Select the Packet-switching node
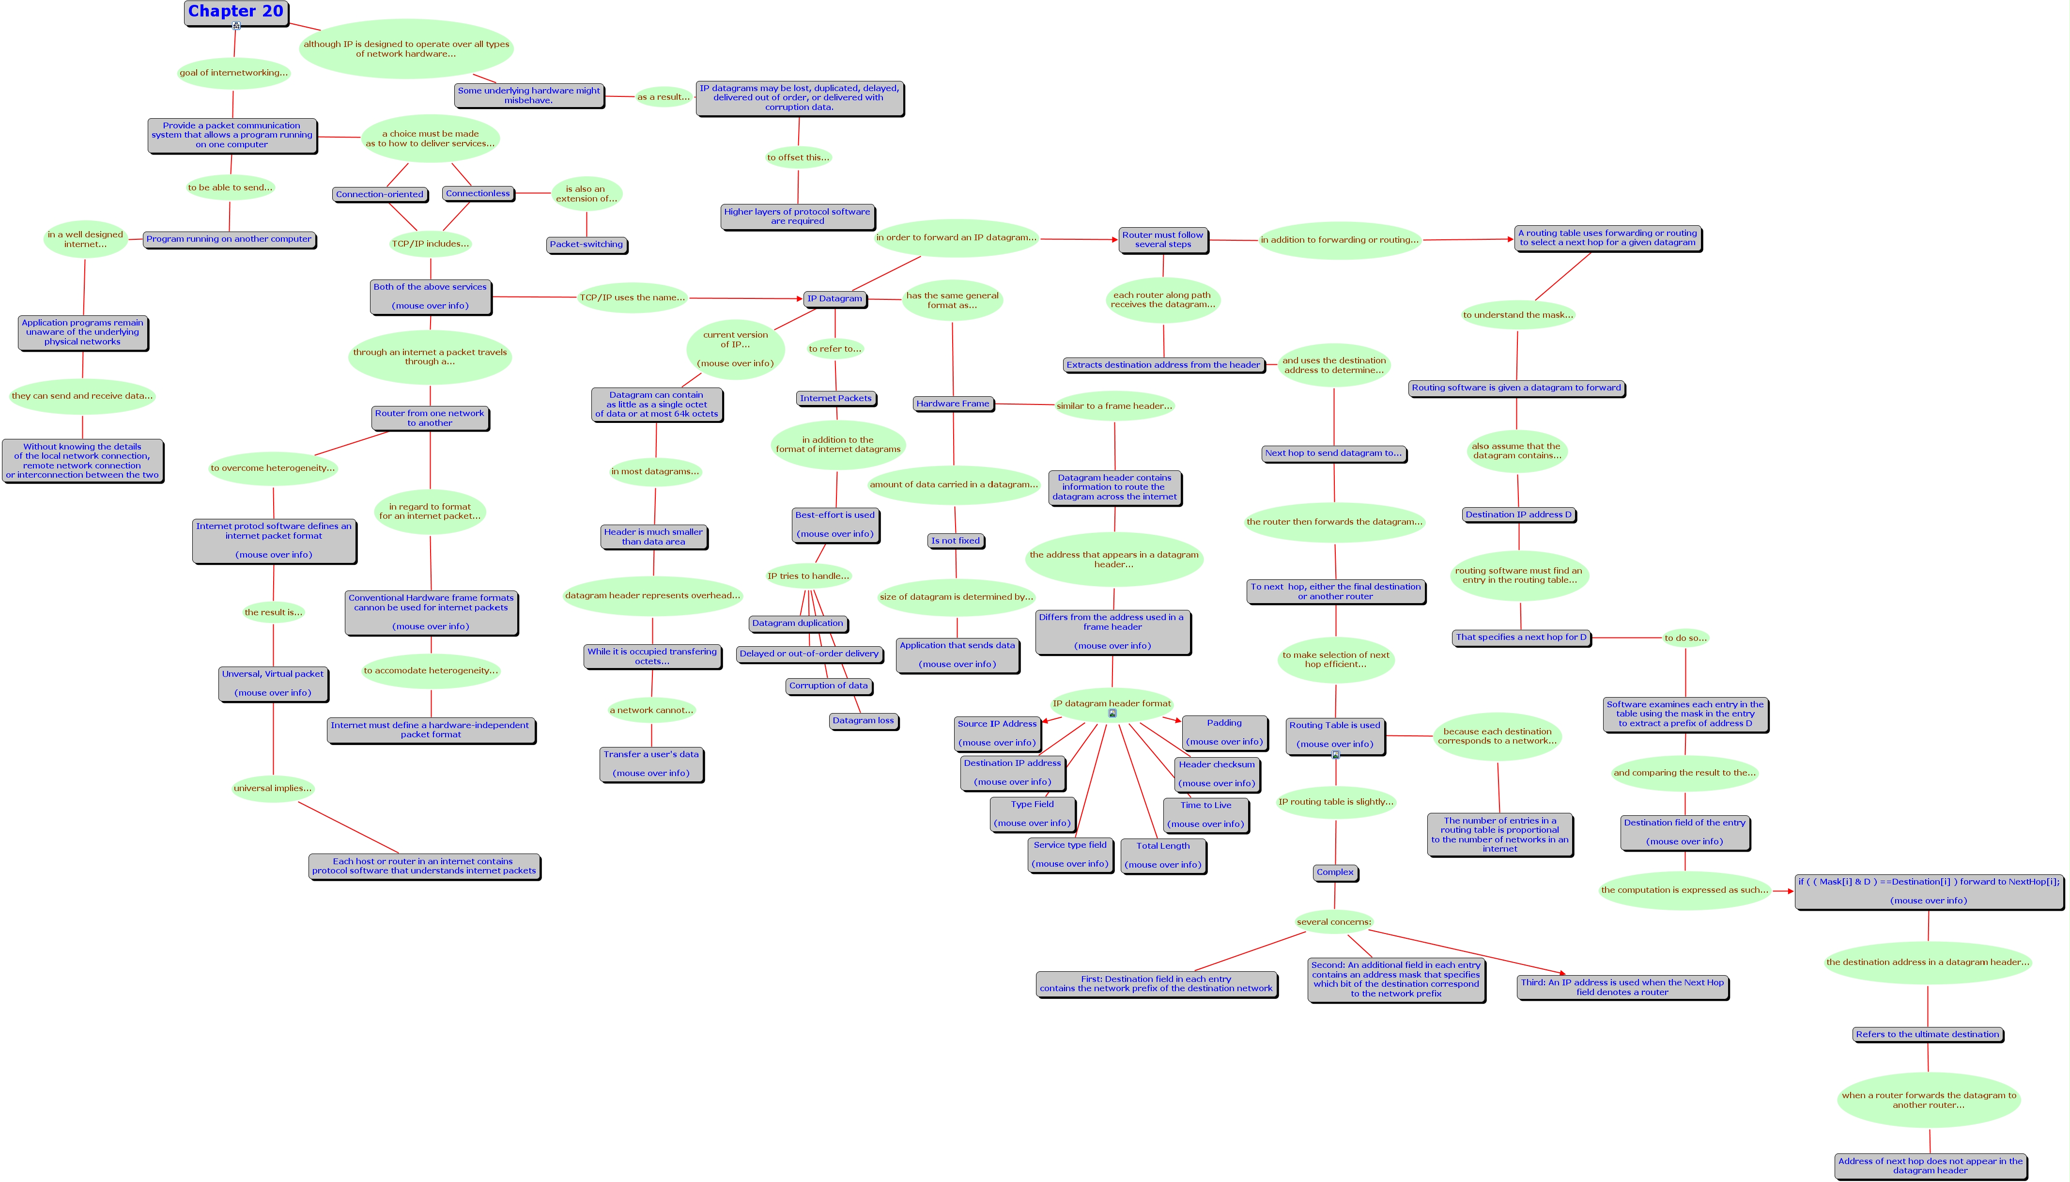click(x=586, y=244)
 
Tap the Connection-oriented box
click(x=380, y=195)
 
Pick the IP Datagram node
click(x=834, y=299)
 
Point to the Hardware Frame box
click(x=953, y=404)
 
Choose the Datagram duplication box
click(x=798, y=623)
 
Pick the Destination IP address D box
click(x=1518, y=514)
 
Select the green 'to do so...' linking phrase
click(x=1685, y=638)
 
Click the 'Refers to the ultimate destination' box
click(x=1927, y=1034)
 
